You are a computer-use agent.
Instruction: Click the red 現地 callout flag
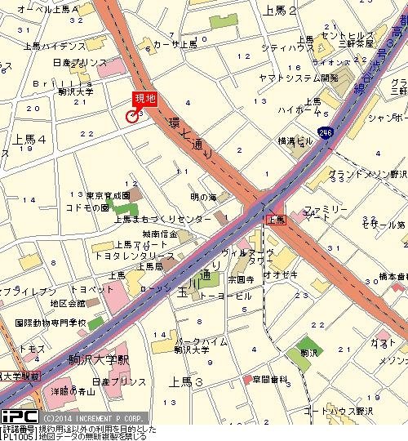(144, 99)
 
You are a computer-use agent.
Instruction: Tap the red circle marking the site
(132, 116)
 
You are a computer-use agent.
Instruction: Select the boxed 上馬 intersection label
(275, 220)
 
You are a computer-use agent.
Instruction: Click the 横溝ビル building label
(295, 140)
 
